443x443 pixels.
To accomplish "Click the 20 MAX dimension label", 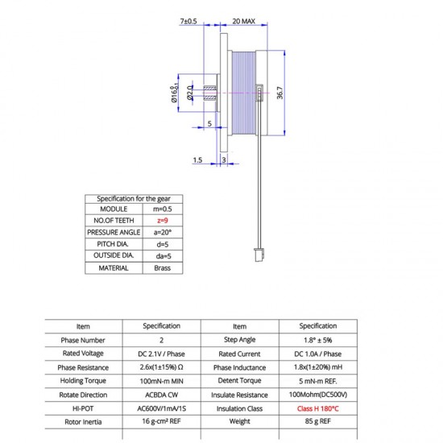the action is [x=243, y=21].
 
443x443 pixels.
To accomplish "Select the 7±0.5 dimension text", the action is [x=188, y=21].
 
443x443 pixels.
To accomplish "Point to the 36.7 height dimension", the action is [x=279, y=93].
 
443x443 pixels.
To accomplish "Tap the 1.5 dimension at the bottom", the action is [x=197, y=160].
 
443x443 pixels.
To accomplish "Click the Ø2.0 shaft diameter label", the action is [x=190, y=93].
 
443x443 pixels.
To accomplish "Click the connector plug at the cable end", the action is [x=259, y=255].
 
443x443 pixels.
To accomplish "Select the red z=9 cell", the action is [x=163, y=221].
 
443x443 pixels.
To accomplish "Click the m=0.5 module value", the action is [x=163, y=209].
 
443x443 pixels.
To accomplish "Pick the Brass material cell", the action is [x=163, y=268].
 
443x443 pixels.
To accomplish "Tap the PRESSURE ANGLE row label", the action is [x=114, y=232].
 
